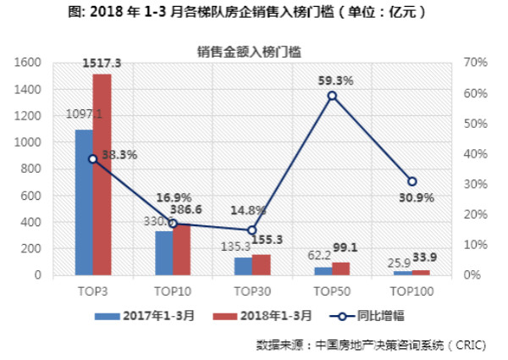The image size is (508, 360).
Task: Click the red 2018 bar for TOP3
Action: click(x=102, y=174)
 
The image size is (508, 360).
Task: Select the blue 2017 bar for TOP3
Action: click(x=84, y=202)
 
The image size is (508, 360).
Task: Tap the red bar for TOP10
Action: click(x=181, y=249)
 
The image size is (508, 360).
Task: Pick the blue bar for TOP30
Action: click(x=243, y=266)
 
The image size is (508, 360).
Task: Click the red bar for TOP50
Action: click(x=340, y=269)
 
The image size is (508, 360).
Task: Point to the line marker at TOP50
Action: click(x=332, y=96)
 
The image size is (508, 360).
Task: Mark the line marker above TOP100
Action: click(x=411, y=181)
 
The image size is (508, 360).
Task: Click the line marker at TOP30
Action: click(x=252, y=230)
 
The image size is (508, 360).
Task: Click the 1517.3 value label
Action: click(x=102, y=63)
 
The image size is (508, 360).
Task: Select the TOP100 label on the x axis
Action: click(x=412, y=291)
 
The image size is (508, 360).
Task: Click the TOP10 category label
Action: click(x=173, y=291)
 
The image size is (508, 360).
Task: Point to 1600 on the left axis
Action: click(x=28, y=63)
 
